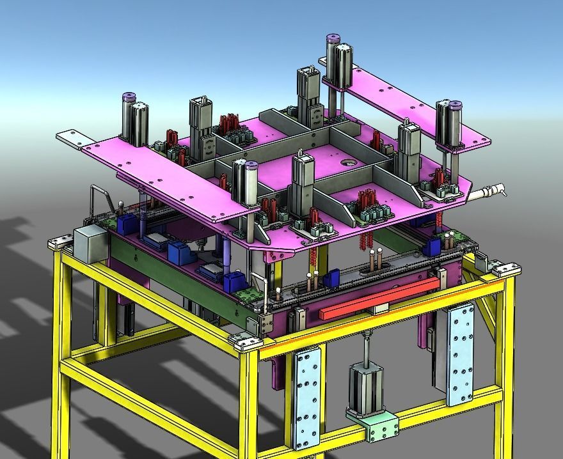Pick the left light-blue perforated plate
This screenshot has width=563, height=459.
pyautogui.click(x=307, y=396)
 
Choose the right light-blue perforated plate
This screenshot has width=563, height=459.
pyautogui.click(x=461, y=355)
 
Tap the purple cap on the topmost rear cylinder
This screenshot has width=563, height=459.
pyautogui.click(x=333, y=39)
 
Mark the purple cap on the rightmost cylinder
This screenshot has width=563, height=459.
pyautogui.click(x=455, y=104)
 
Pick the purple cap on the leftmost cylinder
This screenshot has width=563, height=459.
pyautogui.click(x=129, y=97)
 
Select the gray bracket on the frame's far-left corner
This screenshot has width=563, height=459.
pyautogui.click(x=61, y=242)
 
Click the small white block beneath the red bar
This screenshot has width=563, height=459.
pyautogui.click(x=381, y=309)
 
